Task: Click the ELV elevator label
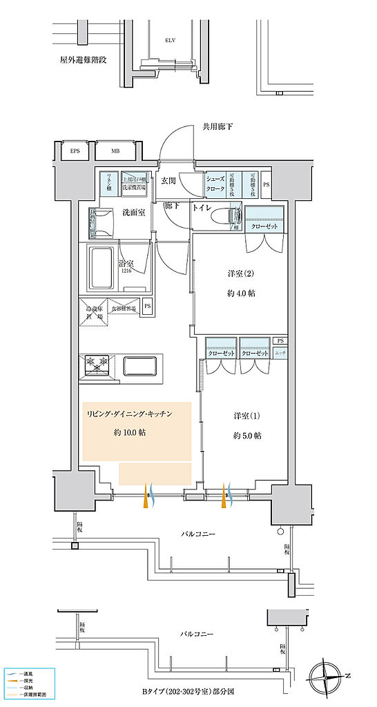(x=170, y=41)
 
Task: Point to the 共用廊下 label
(x=217, y=127)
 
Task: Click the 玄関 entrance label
(x=168, y=181)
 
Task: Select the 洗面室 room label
(x=133, y=211)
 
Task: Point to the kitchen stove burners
(x=97, y=364)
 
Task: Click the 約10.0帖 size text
(x=130, y=432)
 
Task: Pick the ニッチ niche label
(x=280, y=353)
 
